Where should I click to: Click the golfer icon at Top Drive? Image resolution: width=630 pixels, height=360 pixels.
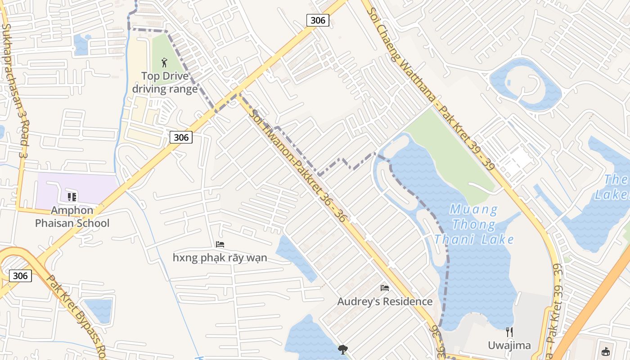pyautogui.click(x=164, y=63)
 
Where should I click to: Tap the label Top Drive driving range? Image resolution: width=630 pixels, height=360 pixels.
pyautogui.click(x=165, y=82)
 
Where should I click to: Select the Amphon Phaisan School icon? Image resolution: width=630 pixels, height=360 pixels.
pyautogui.click(x=72, y=197)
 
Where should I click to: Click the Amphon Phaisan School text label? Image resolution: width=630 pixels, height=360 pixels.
pyautogui.click(x=72, y=216)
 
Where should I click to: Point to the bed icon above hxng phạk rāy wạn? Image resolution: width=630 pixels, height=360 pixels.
pyautogui.click(x=220, y=244)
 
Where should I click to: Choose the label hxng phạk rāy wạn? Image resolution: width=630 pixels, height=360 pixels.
pyautogui.click(x=220, y=258)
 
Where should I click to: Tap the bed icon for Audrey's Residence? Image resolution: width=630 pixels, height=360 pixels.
pyautogui.click(x=385, y=288)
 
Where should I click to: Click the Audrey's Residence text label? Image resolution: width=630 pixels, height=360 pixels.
pyautogui.click(x=385, y=301)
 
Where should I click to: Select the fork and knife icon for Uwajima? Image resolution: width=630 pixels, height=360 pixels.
pyautogui.click(x=509, y=332)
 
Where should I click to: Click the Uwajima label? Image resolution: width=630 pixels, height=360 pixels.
pyautogui.click(x=509, y=346)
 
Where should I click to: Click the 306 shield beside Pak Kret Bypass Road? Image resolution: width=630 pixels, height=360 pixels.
pyautogui.click(x=20, y=275)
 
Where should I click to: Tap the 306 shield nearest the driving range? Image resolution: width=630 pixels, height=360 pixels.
pyautogui.click(x=181, y=137)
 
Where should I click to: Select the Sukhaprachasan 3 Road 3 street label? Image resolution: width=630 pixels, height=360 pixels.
pyautogui.click(x=14, y=90)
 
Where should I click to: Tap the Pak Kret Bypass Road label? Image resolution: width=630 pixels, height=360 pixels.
pyautogui.click(x=76, y=315)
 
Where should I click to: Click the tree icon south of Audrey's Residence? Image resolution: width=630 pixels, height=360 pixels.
pyautogui.click(x=343, y=349)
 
